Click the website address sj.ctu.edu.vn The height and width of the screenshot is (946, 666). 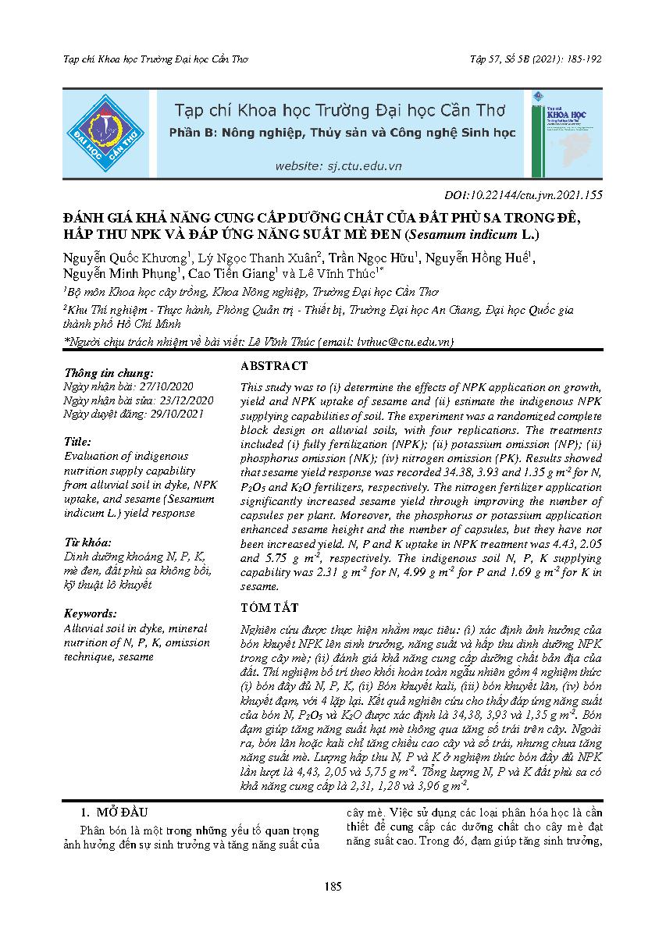(338, 165)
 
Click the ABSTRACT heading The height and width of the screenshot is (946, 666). (274, 366)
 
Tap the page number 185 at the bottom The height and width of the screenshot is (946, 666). (333, 886)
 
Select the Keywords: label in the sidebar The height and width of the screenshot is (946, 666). (91, 613)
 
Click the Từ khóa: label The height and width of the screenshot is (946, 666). (87, 542)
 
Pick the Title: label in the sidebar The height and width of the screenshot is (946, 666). (77, 441)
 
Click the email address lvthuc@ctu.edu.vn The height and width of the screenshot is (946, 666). (396, 342)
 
